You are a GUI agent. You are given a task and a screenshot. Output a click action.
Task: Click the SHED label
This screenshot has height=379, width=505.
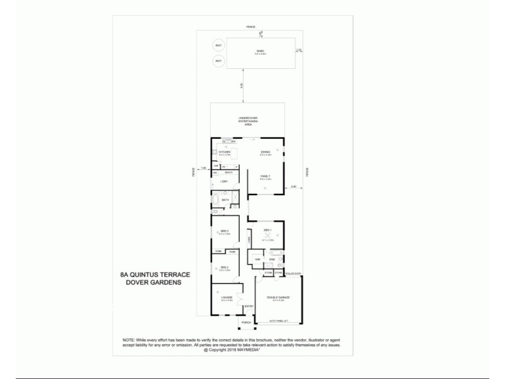coord(259,51)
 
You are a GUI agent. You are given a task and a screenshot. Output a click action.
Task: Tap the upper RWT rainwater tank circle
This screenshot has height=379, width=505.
coord(218,46)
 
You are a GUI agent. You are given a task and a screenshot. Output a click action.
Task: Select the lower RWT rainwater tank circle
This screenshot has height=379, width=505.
coord(218,61)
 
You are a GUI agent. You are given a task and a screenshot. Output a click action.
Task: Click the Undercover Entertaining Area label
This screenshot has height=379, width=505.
coord(247,121)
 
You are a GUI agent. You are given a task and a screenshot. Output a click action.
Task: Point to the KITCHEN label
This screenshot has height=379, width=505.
coord(224,152)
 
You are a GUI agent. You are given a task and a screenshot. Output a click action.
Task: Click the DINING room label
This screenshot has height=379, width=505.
coord(266,152)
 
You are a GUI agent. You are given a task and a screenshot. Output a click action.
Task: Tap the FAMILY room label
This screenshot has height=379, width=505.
coord(266,177)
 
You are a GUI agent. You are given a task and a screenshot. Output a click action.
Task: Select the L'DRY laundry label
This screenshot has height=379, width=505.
coord(223,182)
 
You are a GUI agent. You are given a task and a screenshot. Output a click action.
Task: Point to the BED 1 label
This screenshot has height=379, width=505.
coord(267,230)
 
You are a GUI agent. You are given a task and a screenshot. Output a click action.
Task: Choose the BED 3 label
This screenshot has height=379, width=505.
coord(224,232)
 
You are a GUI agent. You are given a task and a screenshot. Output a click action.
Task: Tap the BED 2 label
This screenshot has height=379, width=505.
coord(224,268)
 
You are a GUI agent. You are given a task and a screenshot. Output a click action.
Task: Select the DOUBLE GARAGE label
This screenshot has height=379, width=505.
coord(279,298)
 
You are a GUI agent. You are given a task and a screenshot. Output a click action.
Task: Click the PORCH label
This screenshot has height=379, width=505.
coord(246,322)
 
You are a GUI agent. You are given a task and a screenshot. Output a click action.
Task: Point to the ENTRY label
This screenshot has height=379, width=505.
coord(248,307)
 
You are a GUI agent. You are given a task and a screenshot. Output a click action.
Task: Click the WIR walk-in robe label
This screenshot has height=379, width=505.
coord(258,259)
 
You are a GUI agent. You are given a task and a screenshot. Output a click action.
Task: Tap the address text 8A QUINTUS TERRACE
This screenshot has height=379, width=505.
coord(155,275)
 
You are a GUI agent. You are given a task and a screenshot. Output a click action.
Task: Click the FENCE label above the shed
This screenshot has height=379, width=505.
coord(251,27)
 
